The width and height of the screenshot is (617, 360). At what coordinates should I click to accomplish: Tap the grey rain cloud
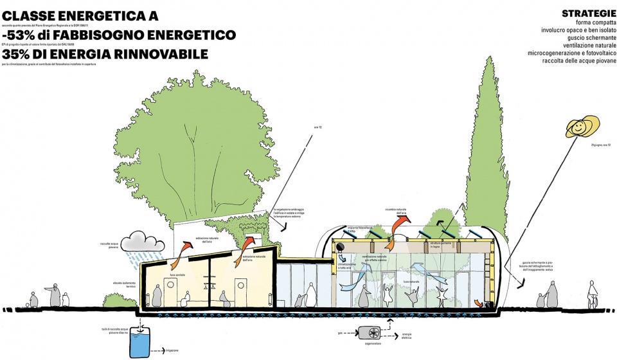point(144,241)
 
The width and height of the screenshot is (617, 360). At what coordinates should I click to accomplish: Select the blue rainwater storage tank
point(139,340)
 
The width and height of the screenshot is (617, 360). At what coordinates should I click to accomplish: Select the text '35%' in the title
point(19,55)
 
